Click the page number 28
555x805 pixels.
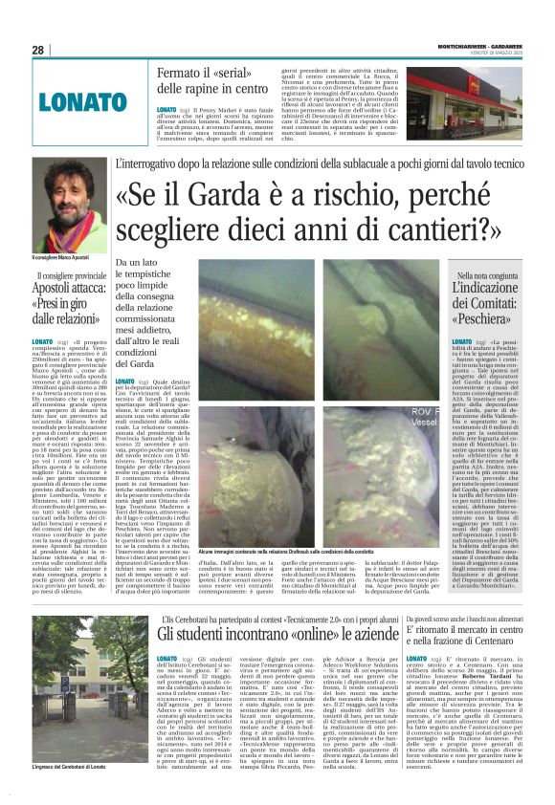[38, 51]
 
